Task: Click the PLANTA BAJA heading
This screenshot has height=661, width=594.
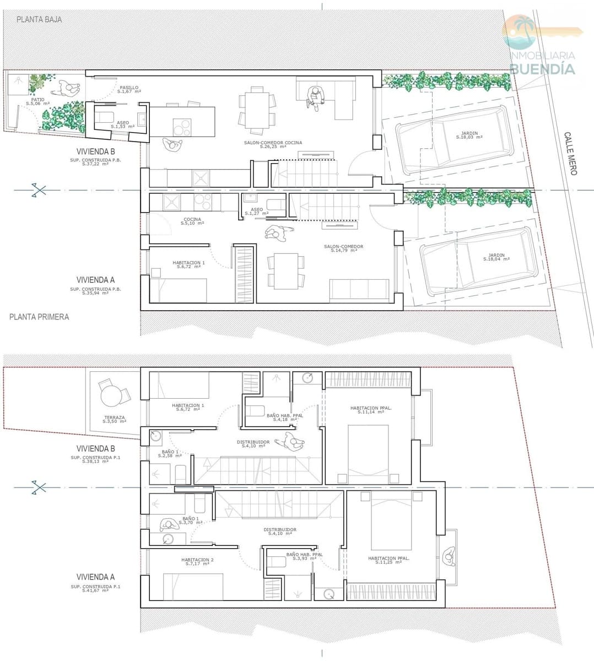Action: (39, 19)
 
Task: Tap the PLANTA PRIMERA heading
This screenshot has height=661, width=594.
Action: (39, 317)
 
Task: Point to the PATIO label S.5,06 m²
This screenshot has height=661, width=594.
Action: (37, 101)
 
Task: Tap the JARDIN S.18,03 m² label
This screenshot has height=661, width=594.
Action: (469, 135)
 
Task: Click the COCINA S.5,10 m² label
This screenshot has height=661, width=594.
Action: (192, 221)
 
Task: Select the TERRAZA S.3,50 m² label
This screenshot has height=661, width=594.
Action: (114, 419)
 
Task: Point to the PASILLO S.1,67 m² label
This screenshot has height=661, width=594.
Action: (129, 89)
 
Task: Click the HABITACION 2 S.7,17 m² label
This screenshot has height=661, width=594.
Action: (197, 561)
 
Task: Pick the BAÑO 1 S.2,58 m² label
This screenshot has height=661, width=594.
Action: (170, 453)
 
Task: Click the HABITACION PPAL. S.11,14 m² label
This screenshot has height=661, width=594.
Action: (371, 410)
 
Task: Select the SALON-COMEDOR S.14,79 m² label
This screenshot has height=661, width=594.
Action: (343, 248)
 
